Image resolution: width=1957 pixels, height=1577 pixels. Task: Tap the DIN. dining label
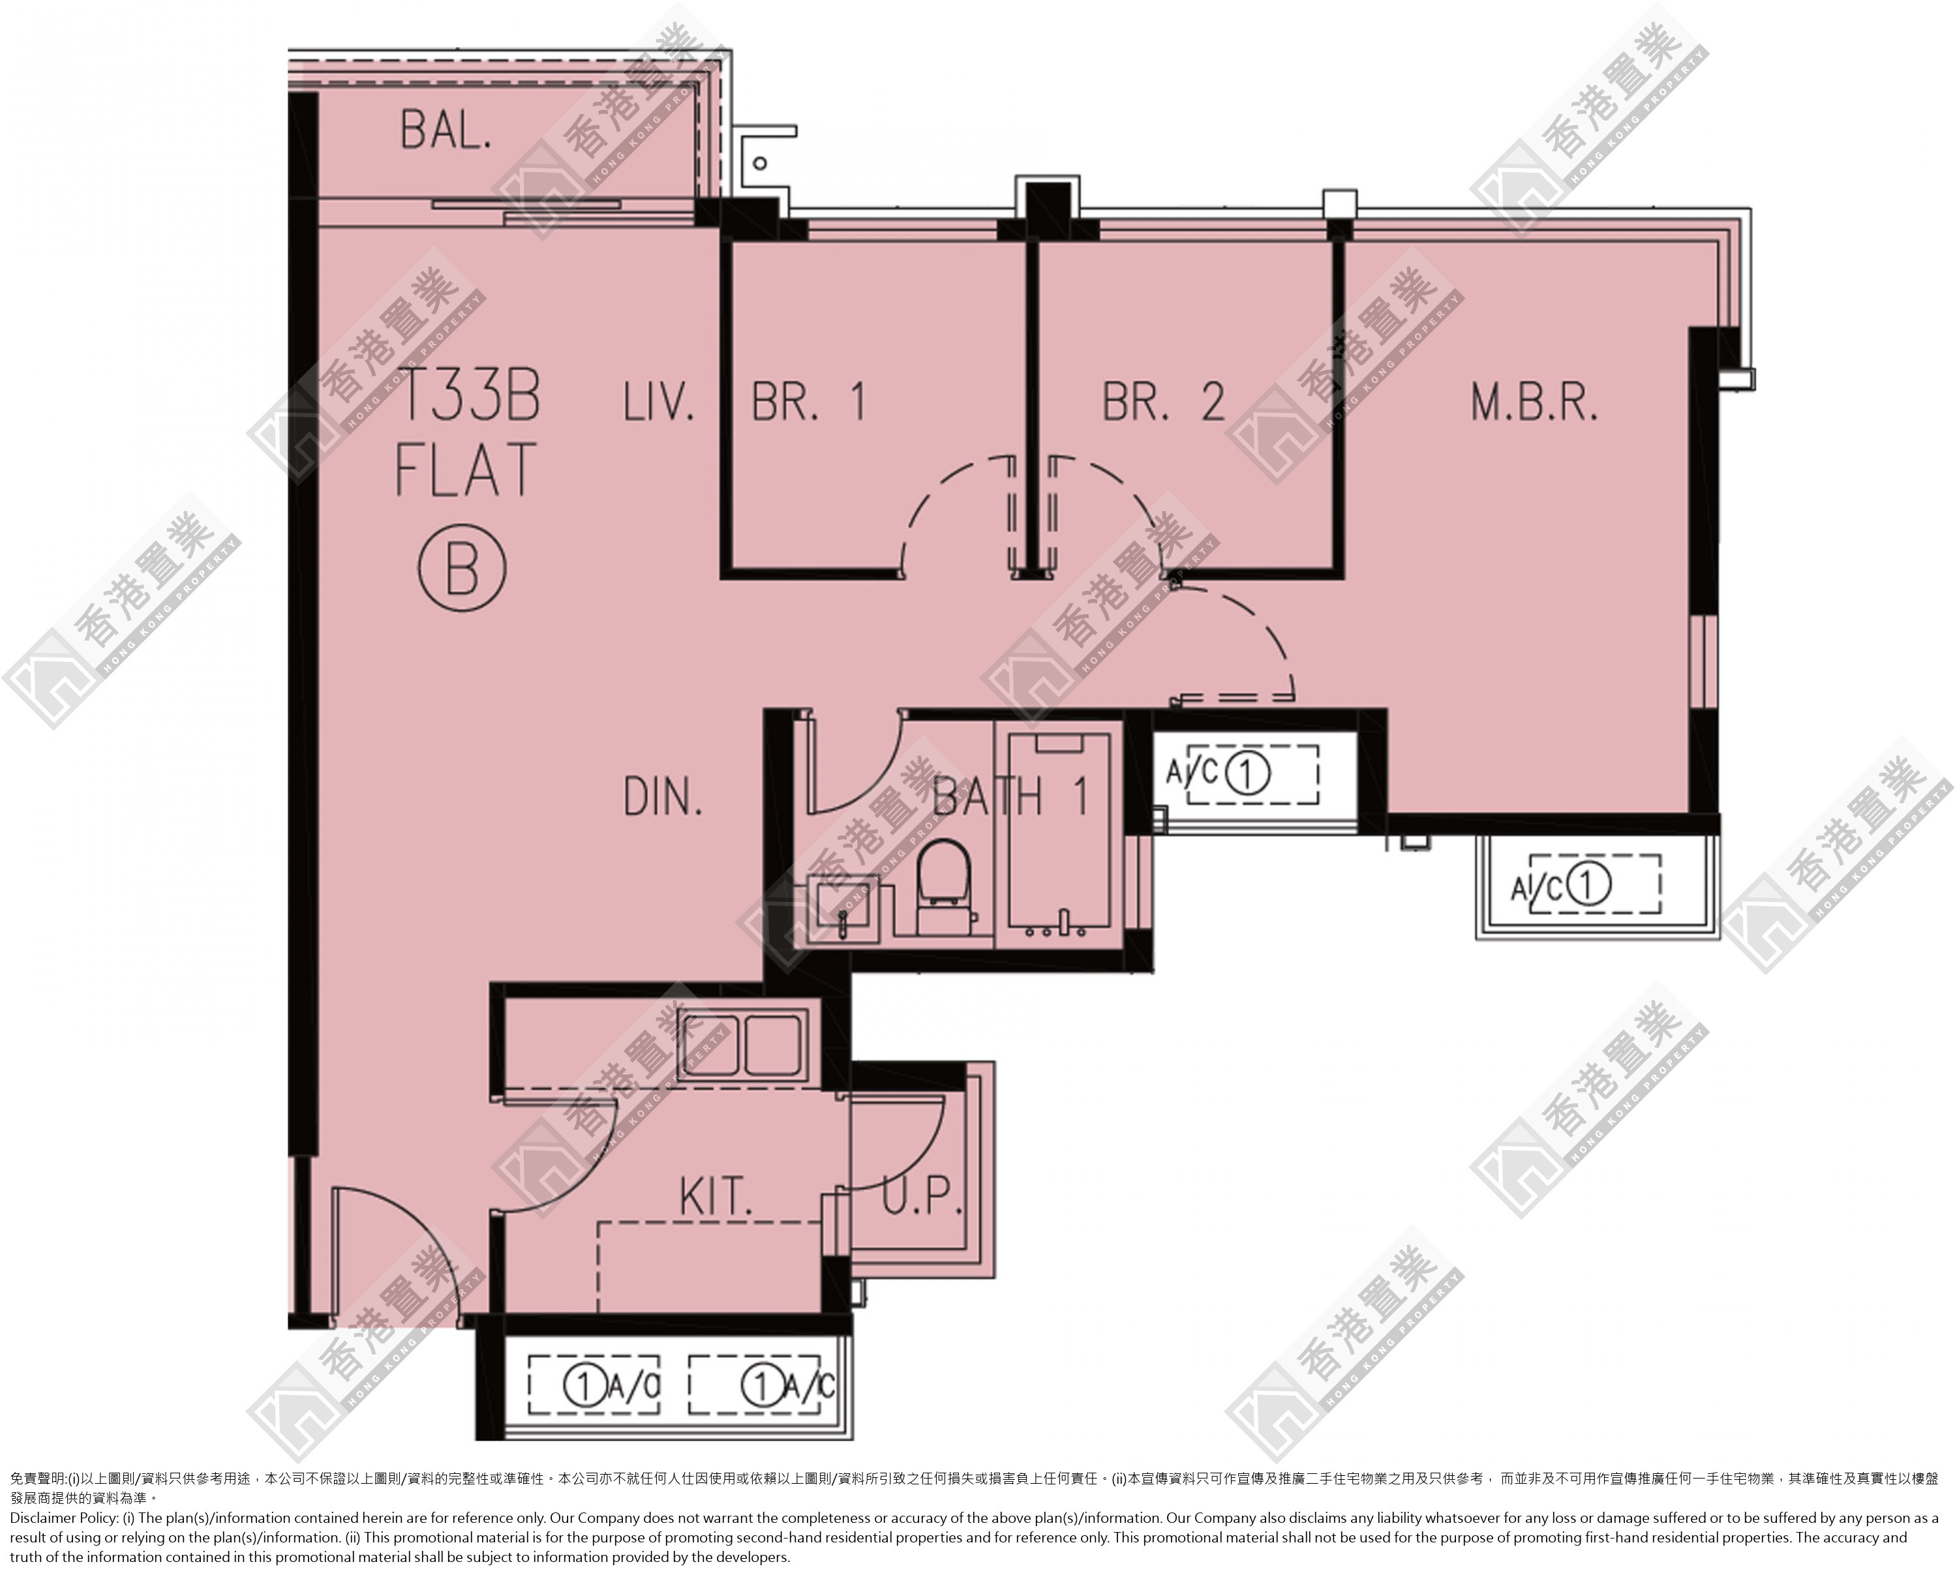[663, 798]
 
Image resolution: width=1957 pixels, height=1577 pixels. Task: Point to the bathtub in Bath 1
[1059, 835]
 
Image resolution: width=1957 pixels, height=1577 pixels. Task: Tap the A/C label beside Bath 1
[1192, 772]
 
